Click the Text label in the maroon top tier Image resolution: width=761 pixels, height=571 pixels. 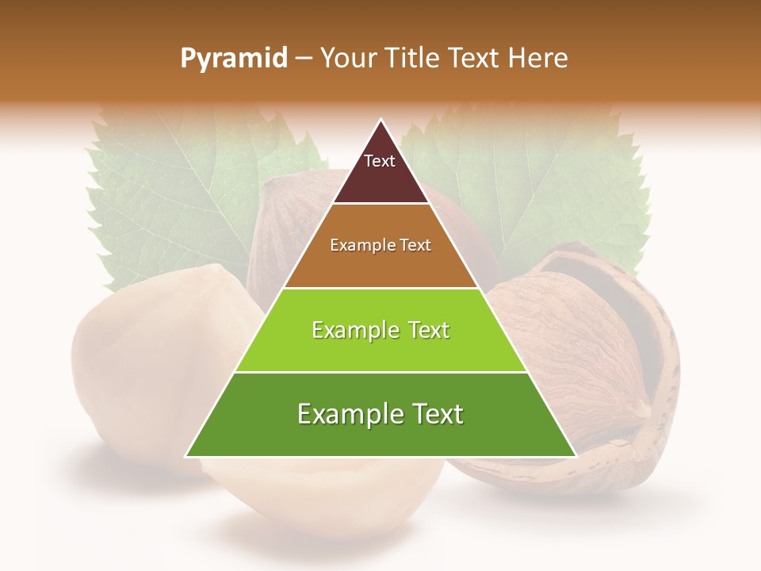(x=380, y=162)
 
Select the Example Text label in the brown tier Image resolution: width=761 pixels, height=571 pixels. (x=380, y=246)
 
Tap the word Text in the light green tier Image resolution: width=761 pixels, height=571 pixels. (x=422, y=331)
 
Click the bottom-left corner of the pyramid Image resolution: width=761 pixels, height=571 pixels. (x=186, y=456)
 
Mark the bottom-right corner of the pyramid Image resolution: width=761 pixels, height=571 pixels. (x=576, y=456)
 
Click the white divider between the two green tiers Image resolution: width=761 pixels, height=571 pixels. (x=380, y=372)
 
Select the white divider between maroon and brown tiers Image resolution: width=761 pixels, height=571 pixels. (x=380, y=204)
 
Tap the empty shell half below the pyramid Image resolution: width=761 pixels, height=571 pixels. (x=333, y=500)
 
